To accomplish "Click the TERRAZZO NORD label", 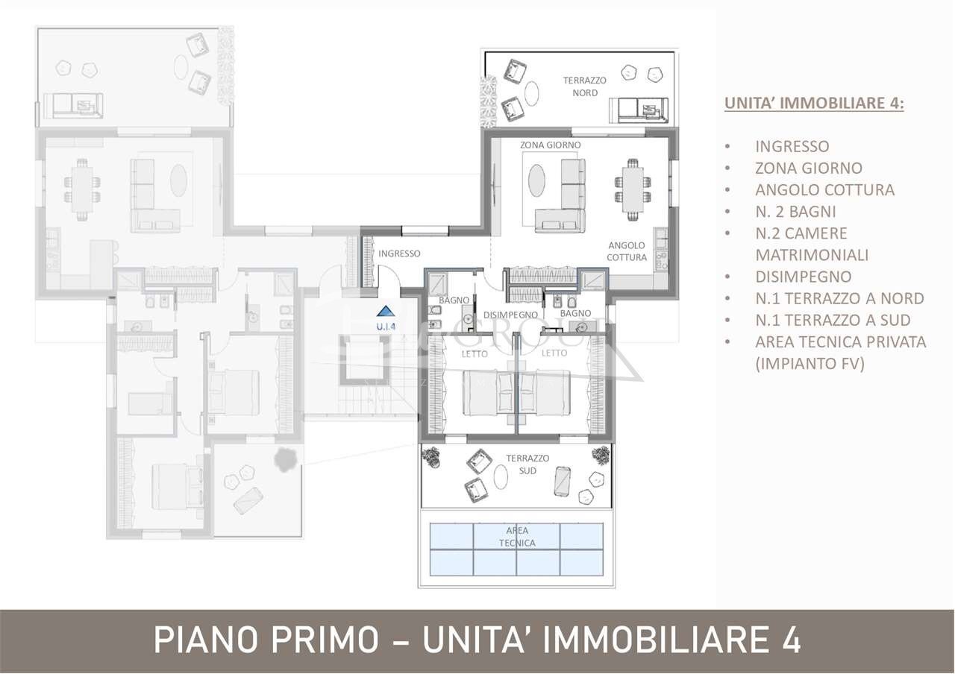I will pos(585,86).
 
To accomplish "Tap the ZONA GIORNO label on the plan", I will pos(551,145).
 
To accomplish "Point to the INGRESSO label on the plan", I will pos(399,253).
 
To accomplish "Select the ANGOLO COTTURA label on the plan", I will pos(627,251).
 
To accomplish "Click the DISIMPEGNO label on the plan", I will pos(510,315).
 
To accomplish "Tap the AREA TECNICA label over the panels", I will pos(517,537).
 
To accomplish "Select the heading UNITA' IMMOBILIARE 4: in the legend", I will pos(814,104).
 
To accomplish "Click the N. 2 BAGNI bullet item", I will pos(795,212).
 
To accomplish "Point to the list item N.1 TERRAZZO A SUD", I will pos(833,320).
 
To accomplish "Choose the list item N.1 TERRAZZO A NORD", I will pos(839,298).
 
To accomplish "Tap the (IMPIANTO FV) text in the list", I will pos(810,364).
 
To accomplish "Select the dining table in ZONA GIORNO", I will pos(633,191).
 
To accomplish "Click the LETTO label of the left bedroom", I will pos(475,353).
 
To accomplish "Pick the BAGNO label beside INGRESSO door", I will pos(454,300).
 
